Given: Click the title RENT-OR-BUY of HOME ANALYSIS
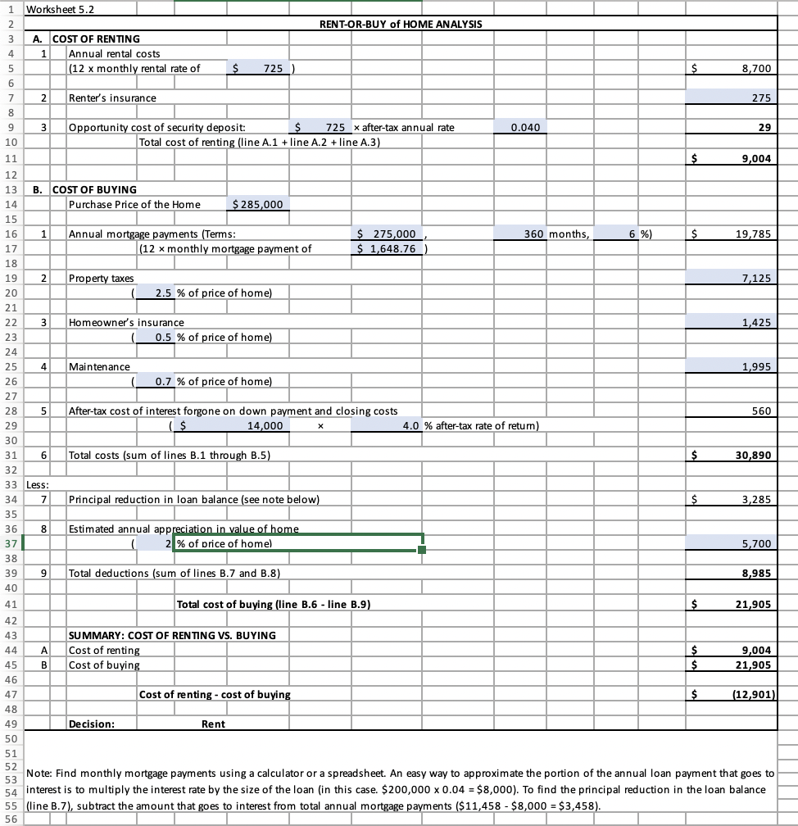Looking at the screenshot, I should pyautogui.click(x=400, y=24).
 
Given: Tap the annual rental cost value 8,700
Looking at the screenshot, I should pyautogui.click(x=755, y=69).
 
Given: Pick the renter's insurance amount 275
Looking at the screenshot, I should pyautogui.click(x=761, y=98).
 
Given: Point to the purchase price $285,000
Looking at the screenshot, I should pyautogui.click(x=259, y=204).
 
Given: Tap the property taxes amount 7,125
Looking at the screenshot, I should pyautogui.click(x=755, y=279).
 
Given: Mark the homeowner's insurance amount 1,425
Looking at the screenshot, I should pyautogui.click(x=755, y=323).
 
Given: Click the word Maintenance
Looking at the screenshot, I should pyautogui.click(x=99, y=366).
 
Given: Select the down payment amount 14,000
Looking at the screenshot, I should pyautogui.click(x=265, y=425).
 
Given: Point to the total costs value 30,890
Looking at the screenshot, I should pyautogui.click(x=751, y=455).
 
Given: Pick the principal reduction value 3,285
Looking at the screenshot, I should pyautogui.click(x=755, y=499).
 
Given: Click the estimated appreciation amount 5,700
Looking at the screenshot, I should pyautogui.click(x=755, y=543).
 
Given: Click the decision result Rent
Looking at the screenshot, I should pyautogui.click(x=214, y=724).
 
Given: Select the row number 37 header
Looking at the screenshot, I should pyautogui.click(x=11, y=543).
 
